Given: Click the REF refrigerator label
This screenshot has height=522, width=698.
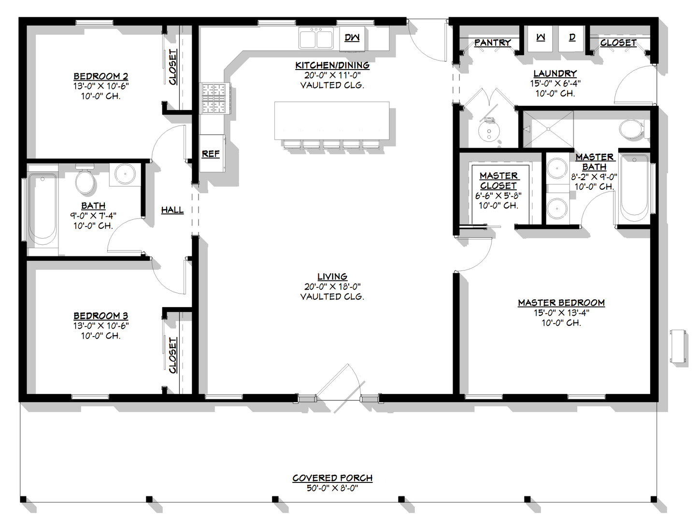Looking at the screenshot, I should click(x=211, y=154).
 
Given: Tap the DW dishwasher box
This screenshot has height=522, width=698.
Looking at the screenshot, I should click(x=352, y=37).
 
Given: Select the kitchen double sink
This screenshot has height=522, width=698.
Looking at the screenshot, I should click(x=316, y=38).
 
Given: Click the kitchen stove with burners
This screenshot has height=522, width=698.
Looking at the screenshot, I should click(x=214, y=99).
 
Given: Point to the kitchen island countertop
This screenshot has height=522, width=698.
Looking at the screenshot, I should click(x=332, y=120).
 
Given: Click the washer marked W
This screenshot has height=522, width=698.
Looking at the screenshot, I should click(x=541, y=38).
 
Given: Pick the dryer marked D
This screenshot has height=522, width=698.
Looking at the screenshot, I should click(x=572, y=38).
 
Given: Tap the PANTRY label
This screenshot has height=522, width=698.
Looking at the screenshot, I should click(x=492, y=42).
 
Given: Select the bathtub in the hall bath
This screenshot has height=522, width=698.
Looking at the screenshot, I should click(x=42, y=208).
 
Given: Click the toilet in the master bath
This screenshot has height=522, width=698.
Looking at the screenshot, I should click(x=631, y=129).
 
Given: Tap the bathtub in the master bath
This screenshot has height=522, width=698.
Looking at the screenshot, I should click(x=634, y=189).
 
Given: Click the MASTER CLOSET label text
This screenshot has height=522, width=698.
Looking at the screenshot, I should click(x=499, y=181).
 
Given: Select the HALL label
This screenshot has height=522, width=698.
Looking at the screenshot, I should click(x=172, y=210).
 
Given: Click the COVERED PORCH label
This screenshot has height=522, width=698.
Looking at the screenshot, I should click(x=332, y=478).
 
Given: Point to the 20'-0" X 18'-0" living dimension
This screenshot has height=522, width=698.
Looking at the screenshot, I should click(x=332, y=286).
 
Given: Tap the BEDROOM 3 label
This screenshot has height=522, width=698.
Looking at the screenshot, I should click(x=100, y=315).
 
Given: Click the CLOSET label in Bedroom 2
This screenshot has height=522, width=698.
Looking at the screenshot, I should click(x=173, y=67).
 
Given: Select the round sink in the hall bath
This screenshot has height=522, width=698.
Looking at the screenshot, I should click(x=125, y=173).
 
